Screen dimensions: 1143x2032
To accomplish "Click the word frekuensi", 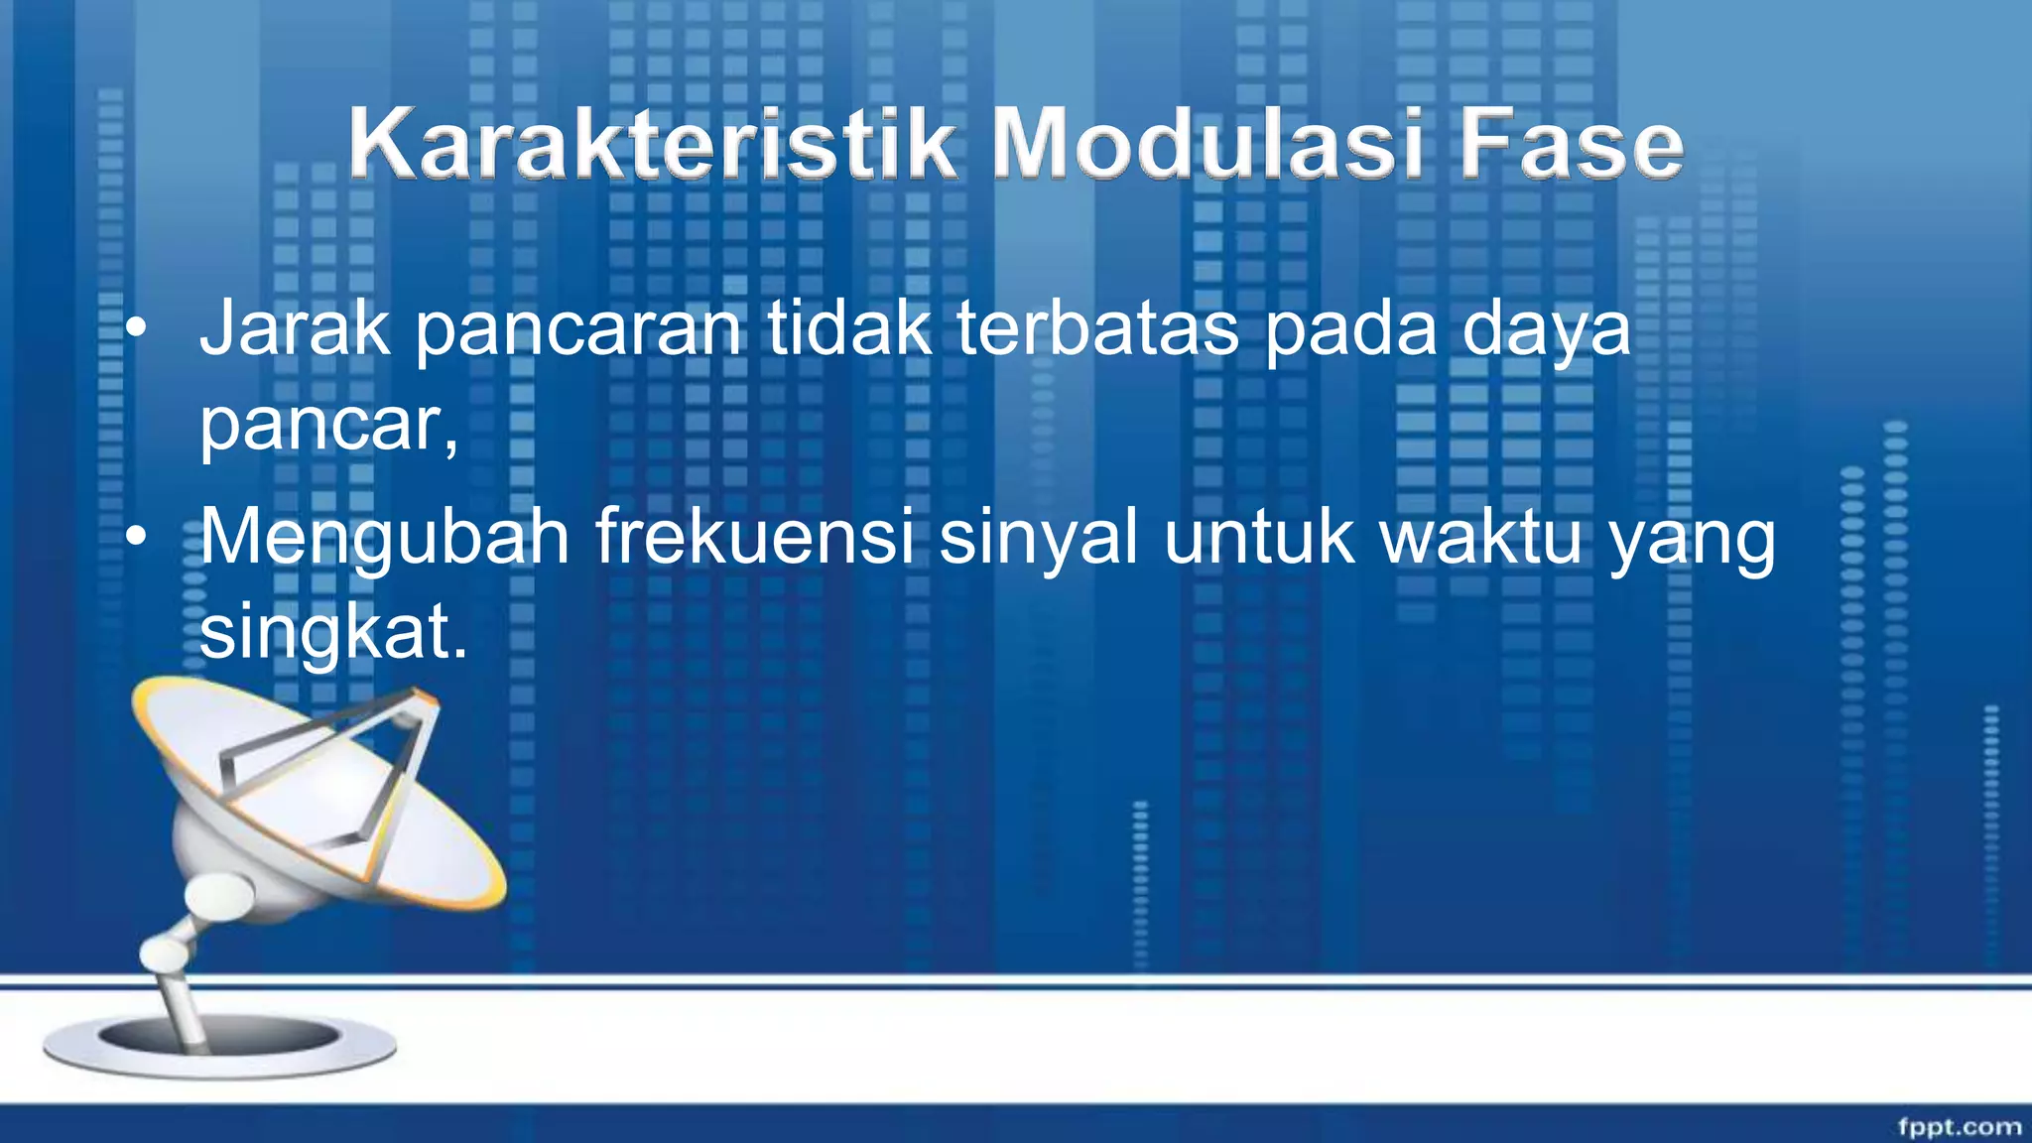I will (x=754, y=537).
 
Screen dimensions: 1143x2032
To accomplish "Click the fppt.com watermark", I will (x=1959, y=1126).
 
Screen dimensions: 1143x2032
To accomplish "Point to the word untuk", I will (x=1258, y=537).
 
